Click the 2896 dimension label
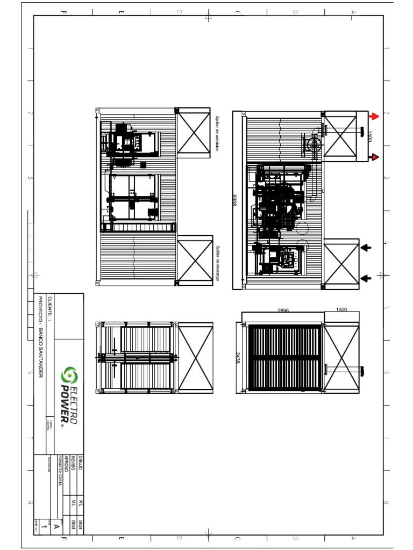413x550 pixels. (x=283, y=310)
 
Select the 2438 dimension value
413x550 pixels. (x=237, y=358)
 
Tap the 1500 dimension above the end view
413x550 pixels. (x=342, y=310)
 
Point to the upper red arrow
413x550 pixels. (x=374, y=116)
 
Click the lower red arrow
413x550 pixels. (x=374, y=157)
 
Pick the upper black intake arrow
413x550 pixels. (x=366, y=248)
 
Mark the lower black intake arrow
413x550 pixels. (x=366, y=278)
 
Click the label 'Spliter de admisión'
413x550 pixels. (x=218, y=134)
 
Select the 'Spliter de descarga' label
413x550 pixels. (x=218, y=263)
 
